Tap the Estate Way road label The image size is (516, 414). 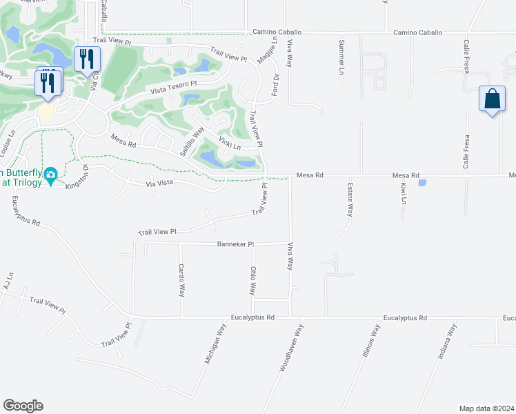click(350, 200)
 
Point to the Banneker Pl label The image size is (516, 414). click(236, 244)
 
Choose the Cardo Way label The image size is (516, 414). click(181, 280)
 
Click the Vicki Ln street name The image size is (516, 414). click(230, 142)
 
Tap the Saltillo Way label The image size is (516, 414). click(192, 141)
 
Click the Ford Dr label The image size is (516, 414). click(275, 87)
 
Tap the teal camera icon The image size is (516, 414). click(50, 177)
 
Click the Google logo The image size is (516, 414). click(23, 406)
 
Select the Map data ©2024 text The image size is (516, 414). click(486, 408)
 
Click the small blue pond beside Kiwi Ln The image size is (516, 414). click(422, 183)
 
